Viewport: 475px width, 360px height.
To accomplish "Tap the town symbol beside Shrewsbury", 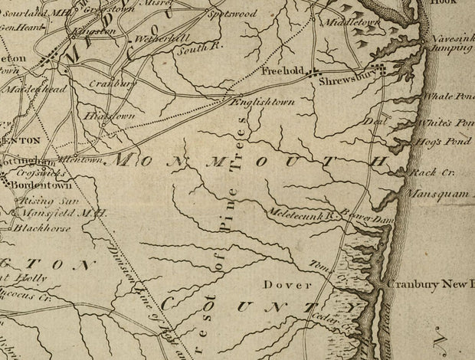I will point(377,70).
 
